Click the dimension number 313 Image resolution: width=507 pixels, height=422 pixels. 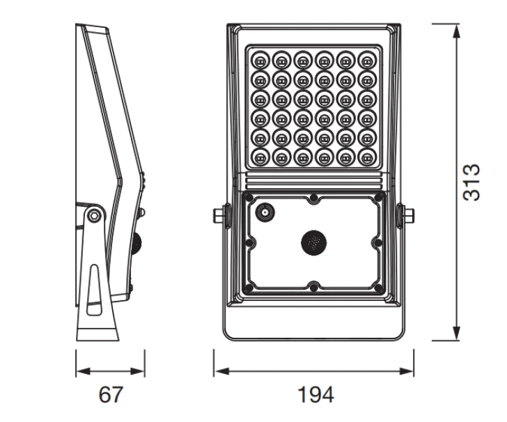[472, 182]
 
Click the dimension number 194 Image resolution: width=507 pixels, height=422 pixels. [313, 395]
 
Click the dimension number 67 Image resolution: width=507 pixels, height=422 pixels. [110, 395]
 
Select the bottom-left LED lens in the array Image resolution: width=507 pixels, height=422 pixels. [261, 156]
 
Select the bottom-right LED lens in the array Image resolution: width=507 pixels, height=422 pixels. [366, 156]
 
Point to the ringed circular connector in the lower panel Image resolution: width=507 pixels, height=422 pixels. [265, 212]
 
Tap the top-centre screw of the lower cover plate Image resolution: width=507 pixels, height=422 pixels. [314, 198]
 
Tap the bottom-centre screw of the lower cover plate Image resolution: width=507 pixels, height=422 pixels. [314, 286]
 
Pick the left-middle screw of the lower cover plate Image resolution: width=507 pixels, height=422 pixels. [251, 242]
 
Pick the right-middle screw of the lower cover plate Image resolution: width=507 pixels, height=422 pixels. [377, 242]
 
